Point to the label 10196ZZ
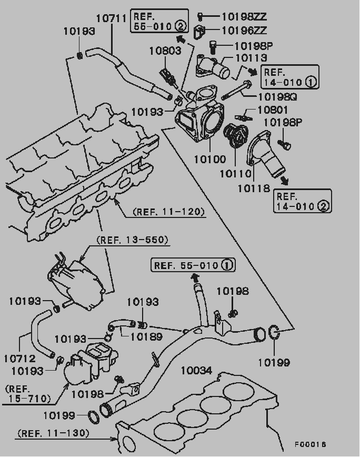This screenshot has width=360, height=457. [x=244, y=31]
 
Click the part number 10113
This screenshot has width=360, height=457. [x=252, y=58]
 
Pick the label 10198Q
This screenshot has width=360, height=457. [x=277, y=97]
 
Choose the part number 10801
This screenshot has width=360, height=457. [x=273, y=111]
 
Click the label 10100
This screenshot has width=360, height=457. [x=211, y=158]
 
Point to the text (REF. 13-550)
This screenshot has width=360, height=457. [x=132, y=240]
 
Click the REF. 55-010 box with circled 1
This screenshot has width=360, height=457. [x=193, y=265]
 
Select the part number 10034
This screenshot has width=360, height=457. [x=196, y=371]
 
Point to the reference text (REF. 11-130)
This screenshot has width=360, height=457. [x=53, y=433]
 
